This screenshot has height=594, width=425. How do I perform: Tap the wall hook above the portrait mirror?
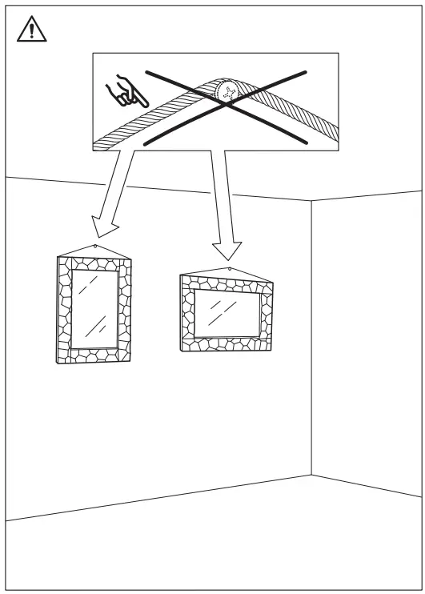(x=95, y=246)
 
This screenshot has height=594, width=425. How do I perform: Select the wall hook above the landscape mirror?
(x=230, y=270)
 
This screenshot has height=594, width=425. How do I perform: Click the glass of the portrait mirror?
(x=95, y=305)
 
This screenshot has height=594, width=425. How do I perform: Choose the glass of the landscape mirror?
(x=227, y=313)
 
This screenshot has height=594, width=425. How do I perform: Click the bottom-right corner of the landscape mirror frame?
(x=272, y=349)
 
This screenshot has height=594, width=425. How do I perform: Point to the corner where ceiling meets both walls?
(x=311, y=201)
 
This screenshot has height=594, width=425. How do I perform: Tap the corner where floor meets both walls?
(x=311, y=476)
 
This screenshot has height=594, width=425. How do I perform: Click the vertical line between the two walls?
(x=311, y=336)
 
